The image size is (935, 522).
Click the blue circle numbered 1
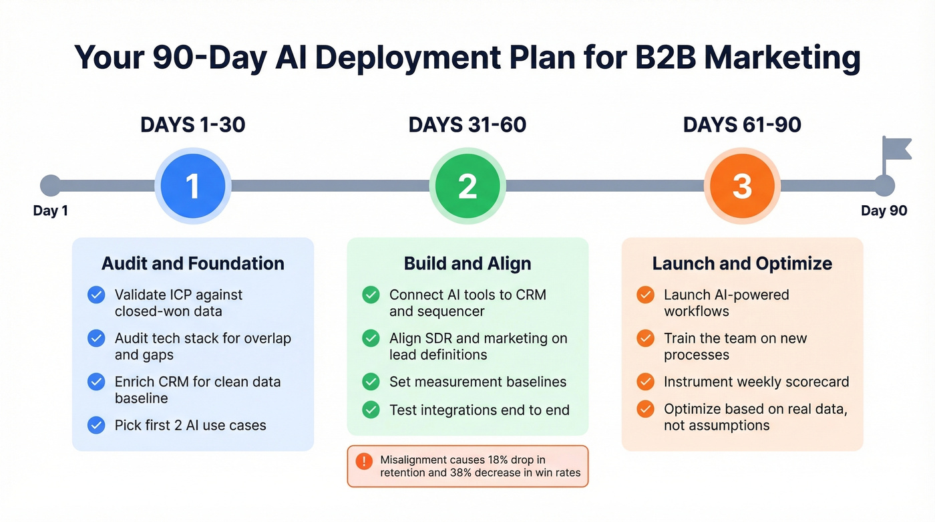point(192,186)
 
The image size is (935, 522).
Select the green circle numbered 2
point(467,186)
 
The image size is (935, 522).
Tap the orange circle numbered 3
point(742,186)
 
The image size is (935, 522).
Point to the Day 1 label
point(50,211)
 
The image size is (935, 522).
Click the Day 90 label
point(884,211)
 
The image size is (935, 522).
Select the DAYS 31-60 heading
point(467,125)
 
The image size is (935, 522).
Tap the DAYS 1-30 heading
point(192,125)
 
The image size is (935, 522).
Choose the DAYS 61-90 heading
point(742,125)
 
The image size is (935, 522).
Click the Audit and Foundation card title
point(192,263)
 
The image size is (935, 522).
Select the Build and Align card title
point(467,263)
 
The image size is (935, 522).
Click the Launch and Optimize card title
point(742,263)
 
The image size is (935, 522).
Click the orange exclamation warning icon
point(364,461)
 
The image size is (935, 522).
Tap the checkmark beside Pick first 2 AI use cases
point(96,425)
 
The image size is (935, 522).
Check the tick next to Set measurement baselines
point(371,382)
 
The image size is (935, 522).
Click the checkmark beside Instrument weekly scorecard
point(645,382)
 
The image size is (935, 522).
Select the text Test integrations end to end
point(479,410)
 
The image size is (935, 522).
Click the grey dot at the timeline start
point(50,186)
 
